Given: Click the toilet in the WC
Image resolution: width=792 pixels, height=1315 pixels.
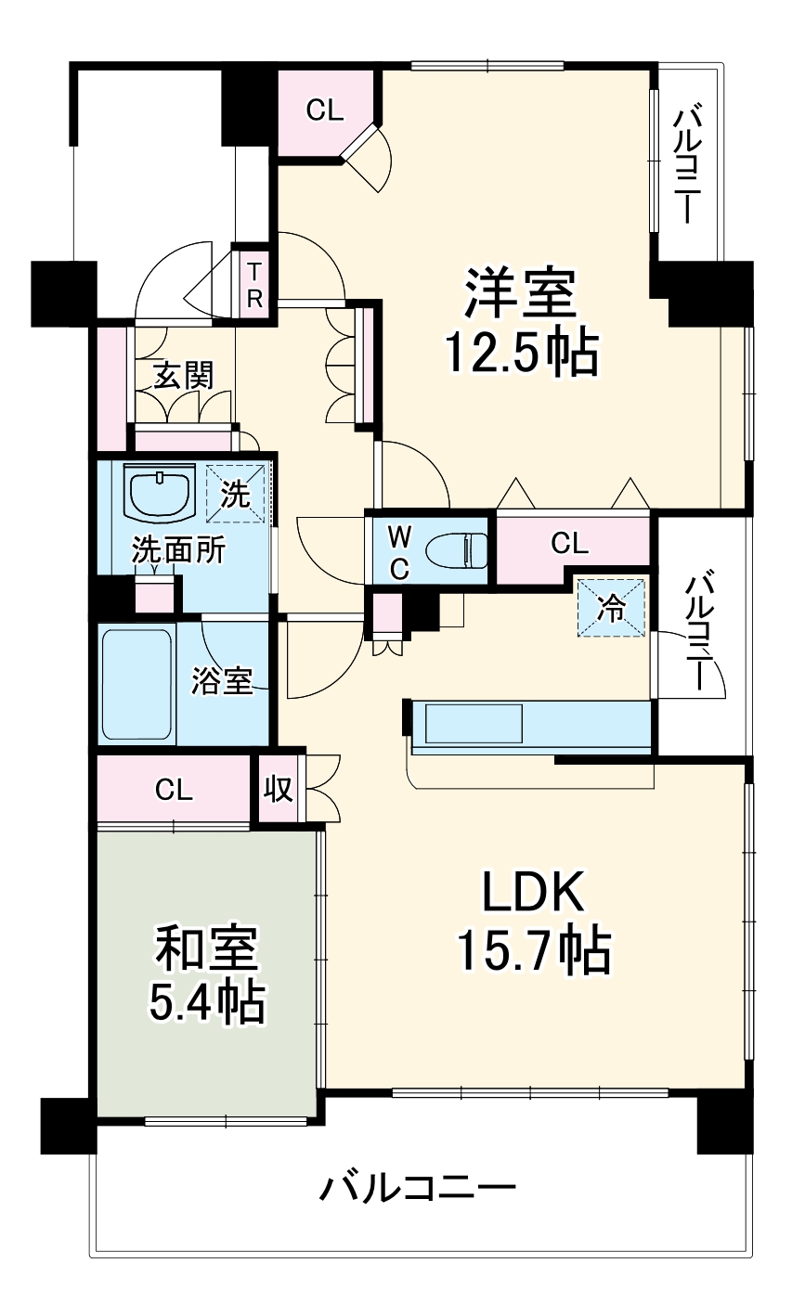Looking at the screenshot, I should click(x=458, y=549).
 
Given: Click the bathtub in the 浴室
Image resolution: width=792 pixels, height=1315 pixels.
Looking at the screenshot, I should click(x=136, y=684).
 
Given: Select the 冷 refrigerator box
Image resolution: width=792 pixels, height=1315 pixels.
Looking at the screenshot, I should click(x=611, y=608).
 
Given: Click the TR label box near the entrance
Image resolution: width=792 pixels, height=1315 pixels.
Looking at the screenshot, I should click(x=254, y=285).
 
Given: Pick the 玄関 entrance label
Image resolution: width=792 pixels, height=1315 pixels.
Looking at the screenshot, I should click(x=183, y=375).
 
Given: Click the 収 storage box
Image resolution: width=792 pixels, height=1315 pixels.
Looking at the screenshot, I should click(x=278, y=789).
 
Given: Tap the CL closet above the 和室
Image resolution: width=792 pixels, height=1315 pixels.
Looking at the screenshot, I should click(x=174, y=790).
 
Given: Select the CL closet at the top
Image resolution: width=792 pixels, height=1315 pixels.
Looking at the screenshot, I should click(x=325, y=110).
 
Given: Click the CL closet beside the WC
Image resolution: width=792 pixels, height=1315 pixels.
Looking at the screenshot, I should click(x=569, y=544).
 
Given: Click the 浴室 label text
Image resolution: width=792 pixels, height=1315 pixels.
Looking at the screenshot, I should click(x=222, y=680).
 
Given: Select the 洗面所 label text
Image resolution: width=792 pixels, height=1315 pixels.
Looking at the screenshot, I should click(x=178, y=550).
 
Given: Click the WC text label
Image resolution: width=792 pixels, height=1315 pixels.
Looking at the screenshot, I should click(x=398, y=552).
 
